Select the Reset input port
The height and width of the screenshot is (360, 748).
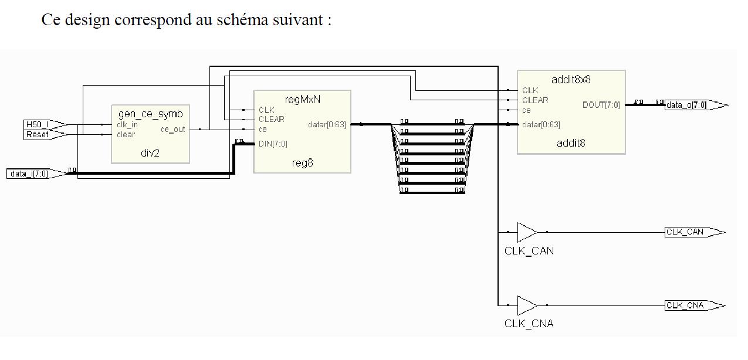(x=41, y=135)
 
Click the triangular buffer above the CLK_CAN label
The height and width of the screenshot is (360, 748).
(x=526, y=232)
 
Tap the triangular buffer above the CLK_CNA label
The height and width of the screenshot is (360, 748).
(x=526, y=305)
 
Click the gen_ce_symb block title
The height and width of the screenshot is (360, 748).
(x=150, y=114)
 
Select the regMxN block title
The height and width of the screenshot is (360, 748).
(x=302, y=99)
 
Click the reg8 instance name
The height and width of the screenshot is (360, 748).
(x=302, y=163)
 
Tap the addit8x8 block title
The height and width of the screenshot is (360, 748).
(x=571, y=80)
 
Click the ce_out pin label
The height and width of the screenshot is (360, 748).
(x=172, y=130)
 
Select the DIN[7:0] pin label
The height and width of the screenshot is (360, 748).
(x=273, y=144)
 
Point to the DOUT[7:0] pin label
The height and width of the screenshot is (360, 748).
(x=601, y=105)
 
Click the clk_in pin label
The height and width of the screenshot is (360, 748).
(x=127, y=125)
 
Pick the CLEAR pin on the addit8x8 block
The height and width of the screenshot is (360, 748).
(x=535, y=100)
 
